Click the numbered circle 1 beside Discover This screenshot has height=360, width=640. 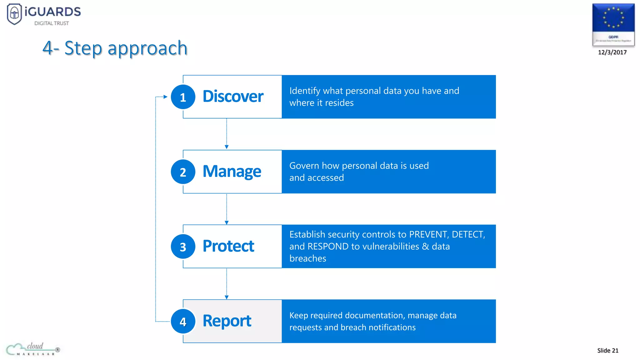pos(183,97)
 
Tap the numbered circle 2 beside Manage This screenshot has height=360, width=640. pos(183,172)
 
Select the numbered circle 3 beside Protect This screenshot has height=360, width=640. pos(183,247)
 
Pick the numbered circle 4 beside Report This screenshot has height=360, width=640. pos(183,321)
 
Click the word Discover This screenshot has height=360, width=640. pos(233,96)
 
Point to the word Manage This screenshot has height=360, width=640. pos(232,172)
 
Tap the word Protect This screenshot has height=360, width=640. pos(228,246)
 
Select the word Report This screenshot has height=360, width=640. pos(227,321)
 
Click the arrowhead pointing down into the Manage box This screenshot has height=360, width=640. pos(227,147)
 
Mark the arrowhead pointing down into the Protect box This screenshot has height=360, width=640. pos(227,222)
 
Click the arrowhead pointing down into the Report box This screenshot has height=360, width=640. pos(227,297)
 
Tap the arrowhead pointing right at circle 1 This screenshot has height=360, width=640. pos(166,97)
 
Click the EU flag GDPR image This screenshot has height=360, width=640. pos(613,24)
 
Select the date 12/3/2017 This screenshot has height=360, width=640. pos(612,52)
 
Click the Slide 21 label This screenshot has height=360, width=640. pos(607,350)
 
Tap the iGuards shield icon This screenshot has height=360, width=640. pos(14,14)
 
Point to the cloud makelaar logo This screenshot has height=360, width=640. pos(33,349)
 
